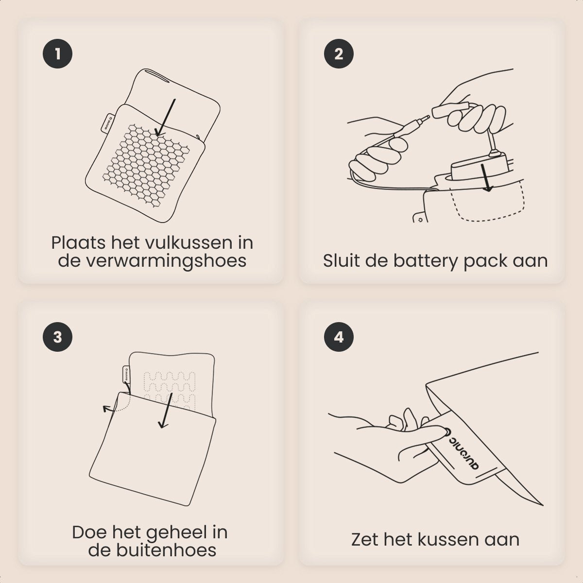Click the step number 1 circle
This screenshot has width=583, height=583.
click(x=57, y=54)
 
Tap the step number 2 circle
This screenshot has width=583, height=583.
click(x=339, y=54)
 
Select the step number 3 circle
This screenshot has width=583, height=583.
click(x=57, y=337)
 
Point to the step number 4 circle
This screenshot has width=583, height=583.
click(x=339, y=337)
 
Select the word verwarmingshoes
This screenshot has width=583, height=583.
click(x=152, y=261)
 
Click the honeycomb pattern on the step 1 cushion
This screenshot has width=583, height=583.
click(x=146, y=165)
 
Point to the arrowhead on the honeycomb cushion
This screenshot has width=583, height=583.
click(x=160, y=132)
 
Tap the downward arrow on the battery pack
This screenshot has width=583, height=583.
click(x=486, y=178)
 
